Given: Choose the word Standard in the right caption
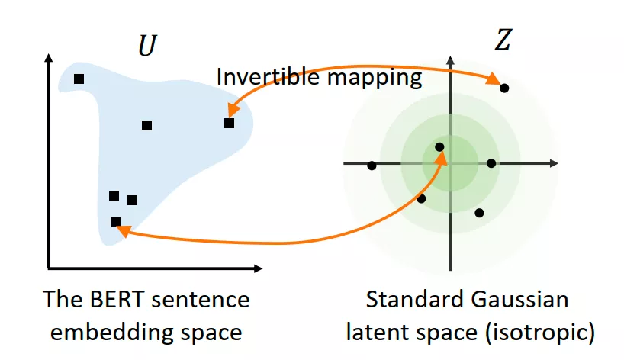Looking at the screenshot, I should tap(413, 299).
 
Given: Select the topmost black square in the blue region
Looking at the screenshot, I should tap(79, 79).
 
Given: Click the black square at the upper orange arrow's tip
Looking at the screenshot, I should tap(229, 123).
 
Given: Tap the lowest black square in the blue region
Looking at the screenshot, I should tap(115, 221).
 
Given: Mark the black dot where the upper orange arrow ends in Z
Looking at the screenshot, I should tap(504, 88).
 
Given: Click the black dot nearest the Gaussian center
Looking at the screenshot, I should tap(439, 147).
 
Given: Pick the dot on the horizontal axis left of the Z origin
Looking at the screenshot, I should tap(372, 166).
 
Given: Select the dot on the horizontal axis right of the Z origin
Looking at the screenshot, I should tap(491, 163).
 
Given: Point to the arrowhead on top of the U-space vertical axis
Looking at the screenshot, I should tap(49, 58).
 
